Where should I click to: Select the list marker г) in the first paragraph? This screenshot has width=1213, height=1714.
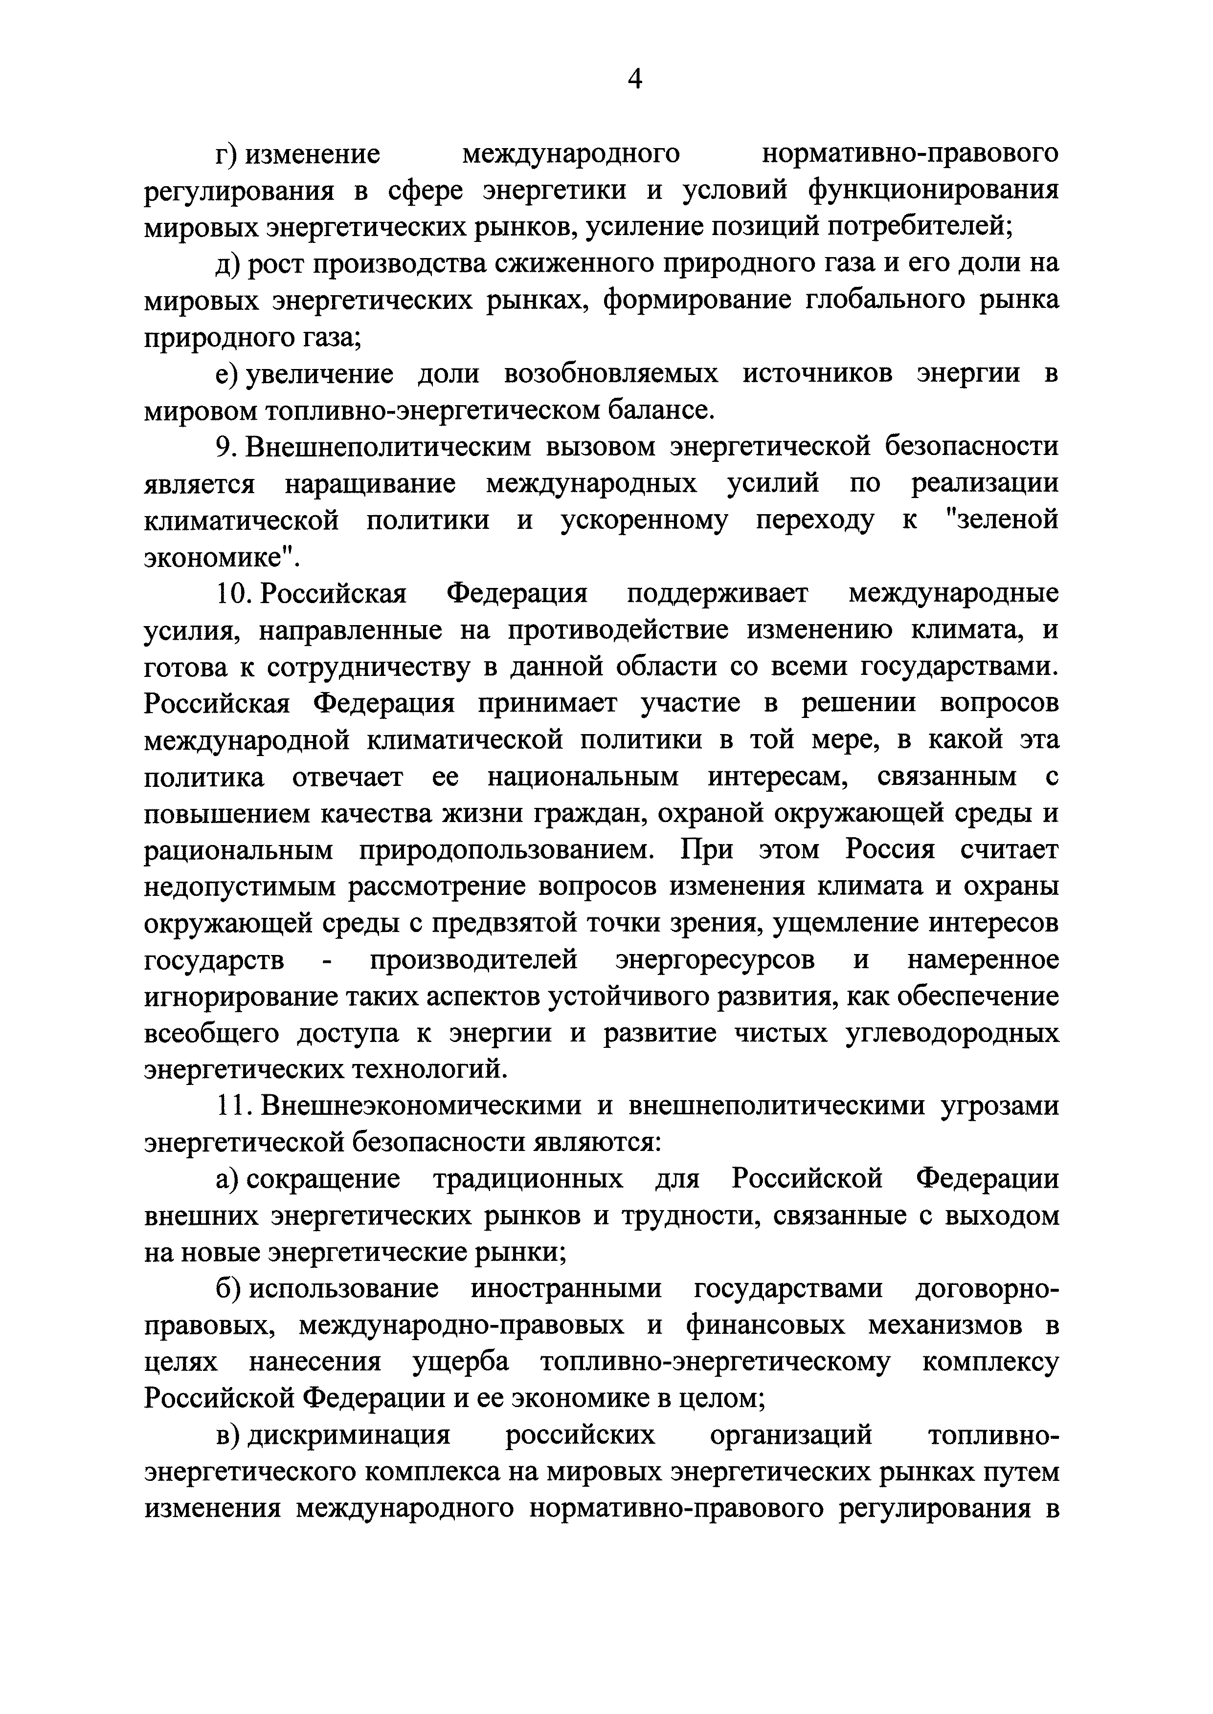click(225, 154)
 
